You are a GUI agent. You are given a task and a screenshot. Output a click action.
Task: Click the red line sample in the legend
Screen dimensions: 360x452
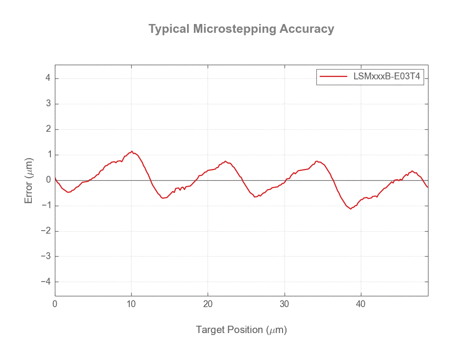pos(333,76)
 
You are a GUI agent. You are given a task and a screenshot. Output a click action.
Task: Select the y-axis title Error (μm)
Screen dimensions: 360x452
pos(29,180)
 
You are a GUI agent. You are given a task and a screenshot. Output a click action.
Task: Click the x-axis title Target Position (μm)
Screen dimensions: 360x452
pos(241,330)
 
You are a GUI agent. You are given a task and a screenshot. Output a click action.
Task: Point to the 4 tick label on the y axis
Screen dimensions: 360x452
pos(48,79)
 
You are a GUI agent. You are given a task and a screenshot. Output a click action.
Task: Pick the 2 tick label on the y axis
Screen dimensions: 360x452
pos(48,129)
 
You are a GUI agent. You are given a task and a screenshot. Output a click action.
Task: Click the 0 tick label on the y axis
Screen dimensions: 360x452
pos(48,180)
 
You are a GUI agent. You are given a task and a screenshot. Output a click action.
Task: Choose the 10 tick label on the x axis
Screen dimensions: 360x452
pos(131,304)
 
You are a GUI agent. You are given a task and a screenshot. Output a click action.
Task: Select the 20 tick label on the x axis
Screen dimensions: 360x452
pos(208,304)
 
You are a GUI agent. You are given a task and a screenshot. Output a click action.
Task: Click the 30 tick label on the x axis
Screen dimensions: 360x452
pos(285,304)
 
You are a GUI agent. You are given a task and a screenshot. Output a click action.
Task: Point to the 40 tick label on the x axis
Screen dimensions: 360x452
pos(361,304)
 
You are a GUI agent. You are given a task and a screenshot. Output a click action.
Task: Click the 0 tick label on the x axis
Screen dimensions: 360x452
pos(55,304)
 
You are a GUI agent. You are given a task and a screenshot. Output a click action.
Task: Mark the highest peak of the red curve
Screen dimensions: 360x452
pos(132,151)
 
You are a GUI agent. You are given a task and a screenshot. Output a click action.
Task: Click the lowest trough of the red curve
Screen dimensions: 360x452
pos(351,209)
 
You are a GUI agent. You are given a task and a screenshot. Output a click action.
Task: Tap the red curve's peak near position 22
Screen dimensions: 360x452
pos(225,161)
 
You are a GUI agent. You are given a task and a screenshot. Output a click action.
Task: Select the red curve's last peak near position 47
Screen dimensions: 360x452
pos(412,171)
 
